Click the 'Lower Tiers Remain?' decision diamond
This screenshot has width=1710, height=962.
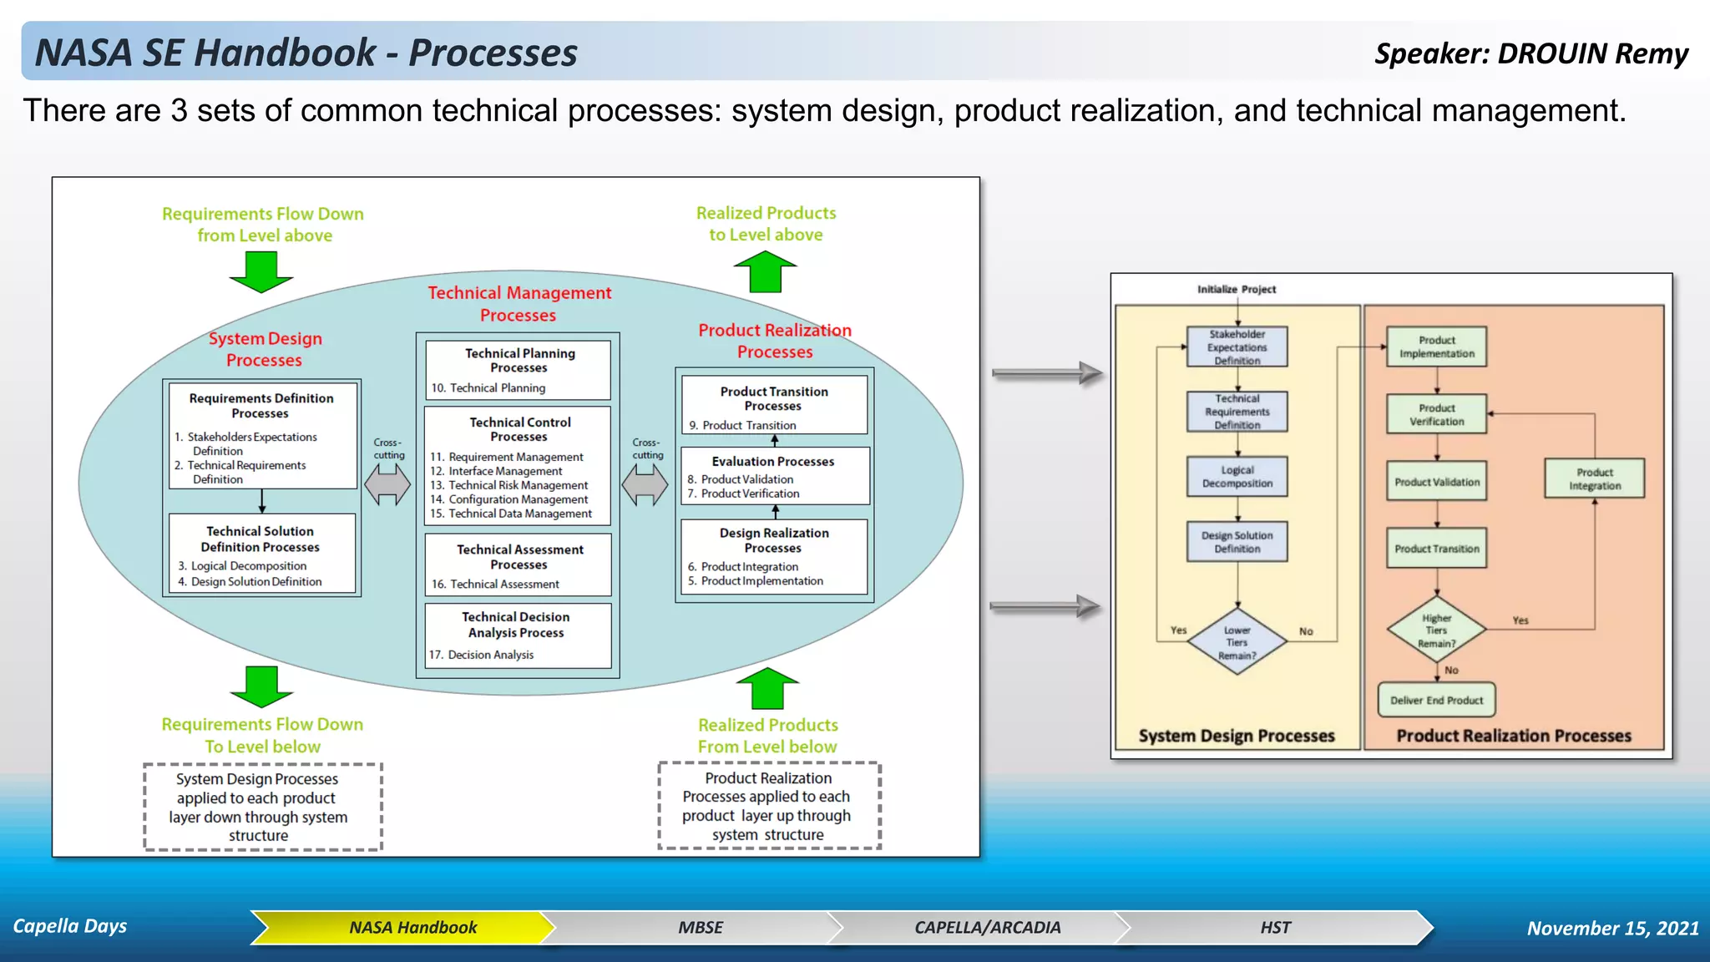click(1237, 642)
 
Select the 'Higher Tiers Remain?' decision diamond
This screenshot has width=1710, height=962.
click(1436, 630)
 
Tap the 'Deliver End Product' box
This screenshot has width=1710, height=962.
click(1436, 700)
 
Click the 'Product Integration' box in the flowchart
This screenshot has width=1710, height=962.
click(1594, 478)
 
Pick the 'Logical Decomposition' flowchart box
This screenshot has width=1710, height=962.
click(1237, 477)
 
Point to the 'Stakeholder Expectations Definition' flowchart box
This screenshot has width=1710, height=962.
click(1237, 347)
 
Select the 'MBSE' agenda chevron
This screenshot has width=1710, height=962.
click(700, 927)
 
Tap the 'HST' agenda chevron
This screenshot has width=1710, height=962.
click(1274, 927)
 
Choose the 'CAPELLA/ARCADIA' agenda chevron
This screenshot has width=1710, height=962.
click(987, 927)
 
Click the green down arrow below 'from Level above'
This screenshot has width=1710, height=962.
click(261, 271)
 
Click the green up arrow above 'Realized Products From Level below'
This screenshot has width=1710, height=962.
click(767, 688)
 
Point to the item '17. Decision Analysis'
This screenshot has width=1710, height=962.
click(482, 655)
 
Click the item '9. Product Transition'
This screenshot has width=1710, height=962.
click(742, 425)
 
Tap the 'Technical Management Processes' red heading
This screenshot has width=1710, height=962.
click(519, 304)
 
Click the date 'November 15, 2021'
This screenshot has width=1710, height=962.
click(1612, 928)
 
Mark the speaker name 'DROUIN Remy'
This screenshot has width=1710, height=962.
click(1592, 53)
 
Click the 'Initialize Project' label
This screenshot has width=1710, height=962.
click(1237, 289)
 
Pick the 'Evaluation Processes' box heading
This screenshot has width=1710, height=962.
click(772, 461)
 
